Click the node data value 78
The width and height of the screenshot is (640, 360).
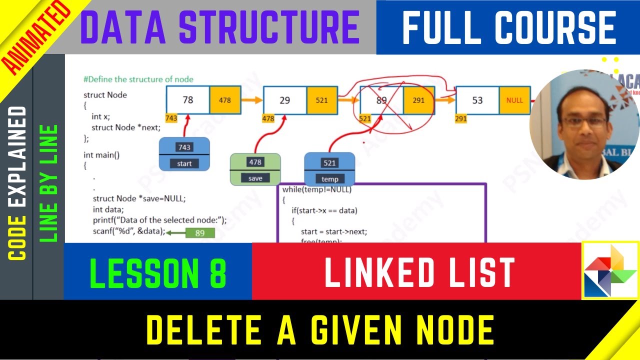pos(188,100)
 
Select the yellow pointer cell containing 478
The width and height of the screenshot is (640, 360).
pos(225,100)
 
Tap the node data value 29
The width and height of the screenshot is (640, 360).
pos(284,100)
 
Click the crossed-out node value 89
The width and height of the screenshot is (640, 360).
pos(381,100)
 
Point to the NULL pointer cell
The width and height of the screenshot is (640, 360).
pos(514,100)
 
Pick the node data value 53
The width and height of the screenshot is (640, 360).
pos(477,100)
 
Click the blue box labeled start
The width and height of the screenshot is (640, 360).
pos(184,155)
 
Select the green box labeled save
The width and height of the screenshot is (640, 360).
pos(255,169)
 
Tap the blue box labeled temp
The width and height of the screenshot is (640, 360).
pos(329,170)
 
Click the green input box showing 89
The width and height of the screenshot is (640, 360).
pos(199,233)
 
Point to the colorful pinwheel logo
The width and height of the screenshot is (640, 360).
pos(610,270)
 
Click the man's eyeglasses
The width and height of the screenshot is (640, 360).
pos(583,121)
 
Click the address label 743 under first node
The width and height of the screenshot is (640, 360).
pos(171,118)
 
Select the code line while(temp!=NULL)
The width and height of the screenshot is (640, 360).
pos(317,190)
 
